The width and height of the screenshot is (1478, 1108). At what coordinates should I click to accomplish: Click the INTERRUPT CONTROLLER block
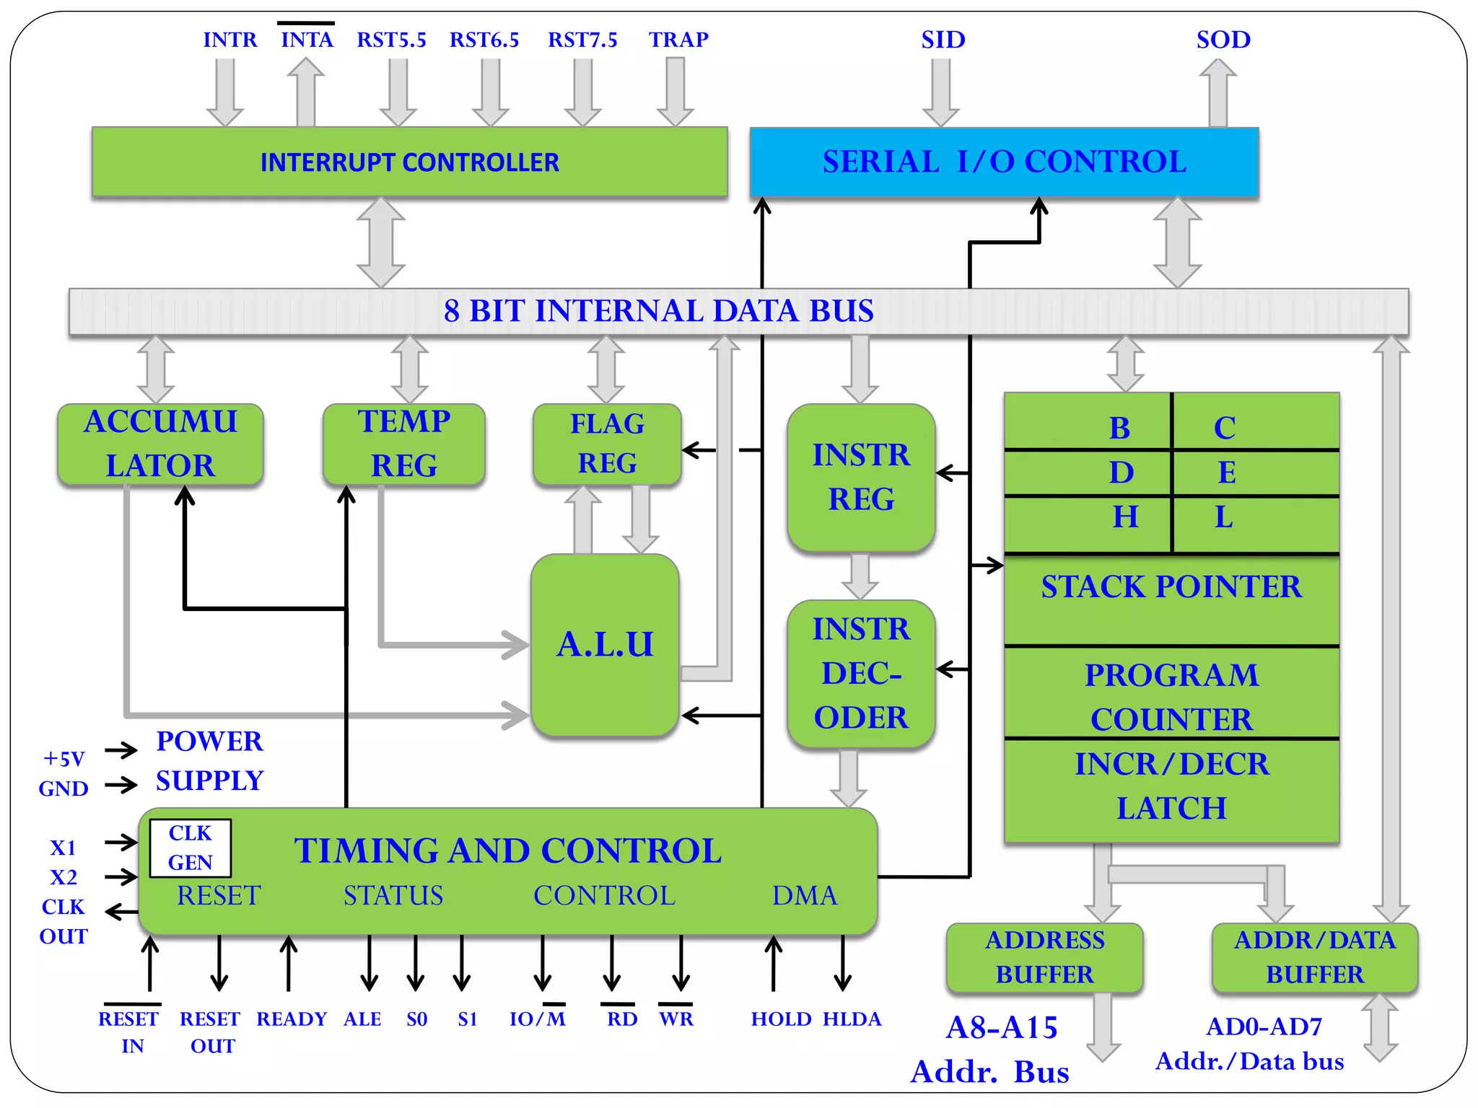click(409, 162)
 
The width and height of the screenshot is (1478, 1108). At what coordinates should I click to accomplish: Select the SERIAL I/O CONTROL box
click(1004, 162)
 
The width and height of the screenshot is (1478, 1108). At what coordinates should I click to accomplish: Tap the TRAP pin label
click(678, 40)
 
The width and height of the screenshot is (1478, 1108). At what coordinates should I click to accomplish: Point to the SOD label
click(1223, 40)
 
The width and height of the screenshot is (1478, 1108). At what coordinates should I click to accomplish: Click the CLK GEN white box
click(190, 848)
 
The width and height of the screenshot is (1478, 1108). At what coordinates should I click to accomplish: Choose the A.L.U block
click(605, 644)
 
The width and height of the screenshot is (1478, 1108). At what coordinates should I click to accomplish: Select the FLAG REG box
click(607, 444)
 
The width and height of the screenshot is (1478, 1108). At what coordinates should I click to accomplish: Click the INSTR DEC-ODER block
click(861, 674)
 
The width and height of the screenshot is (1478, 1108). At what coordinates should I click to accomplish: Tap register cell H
click(1124, 517)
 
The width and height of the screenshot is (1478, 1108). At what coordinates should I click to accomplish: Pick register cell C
click(1225, 428)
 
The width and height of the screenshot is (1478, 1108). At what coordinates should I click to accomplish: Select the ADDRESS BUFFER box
click(1044, 957)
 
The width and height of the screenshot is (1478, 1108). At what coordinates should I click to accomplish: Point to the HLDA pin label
click(852, 1019)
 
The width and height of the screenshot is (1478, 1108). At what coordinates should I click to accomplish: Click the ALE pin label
click(362, 1019)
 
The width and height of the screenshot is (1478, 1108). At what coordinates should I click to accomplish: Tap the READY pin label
click(292, 1019)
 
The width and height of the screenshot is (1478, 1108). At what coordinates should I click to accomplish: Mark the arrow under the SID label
click(940, 92)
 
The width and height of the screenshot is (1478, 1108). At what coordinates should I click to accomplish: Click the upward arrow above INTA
click(306, 92)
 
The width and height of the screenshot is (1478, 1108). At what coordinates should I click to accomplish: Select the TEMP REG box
click(403, 444)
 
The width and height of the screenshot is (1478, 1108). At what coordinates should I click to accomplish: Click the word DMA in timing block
click(804, 895)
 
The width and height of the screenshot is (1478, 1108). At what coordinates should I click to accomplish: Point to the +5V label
click(64, 758)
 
